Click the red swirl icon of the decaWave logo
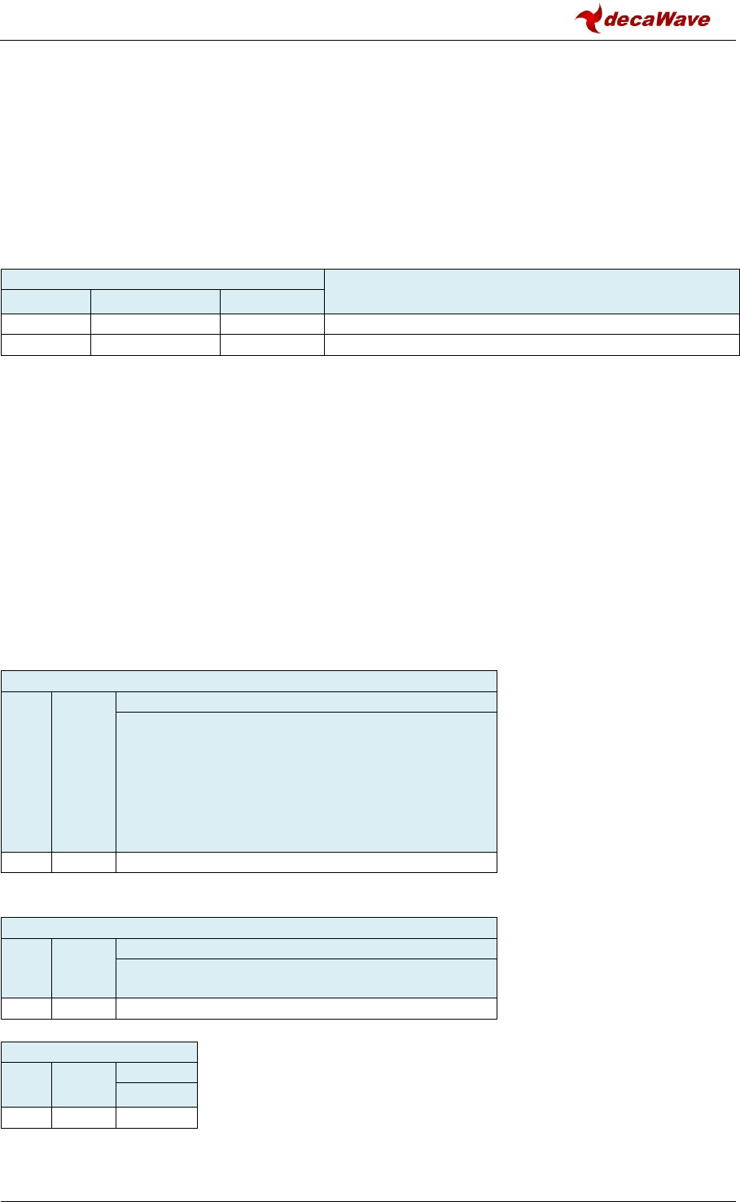click(589, 18)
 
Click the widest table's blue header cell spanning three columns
click(162, 279)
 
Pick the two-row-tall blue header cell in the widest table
click(532, 291)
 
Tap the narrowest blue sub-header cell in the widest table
click(46, 301)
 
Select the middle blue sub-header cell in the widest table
click(155, 301)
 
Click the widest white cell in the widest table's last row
click(532, 344)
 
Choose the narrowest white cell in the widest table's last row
click(46, 344)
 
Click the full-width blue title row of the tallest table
click(248, 681)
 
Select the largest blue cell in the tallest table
click(306, 782)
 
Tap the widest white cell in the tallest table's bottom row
click(306, 862)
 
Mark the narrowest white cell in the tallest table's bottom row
click(26, 862)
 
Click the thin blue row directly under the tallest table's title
click(306, 702)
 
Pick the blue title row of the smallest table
click(99, 1051)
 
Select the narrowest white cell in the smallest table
click(26, 1117)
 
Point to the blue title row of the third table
click(248, 928)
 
